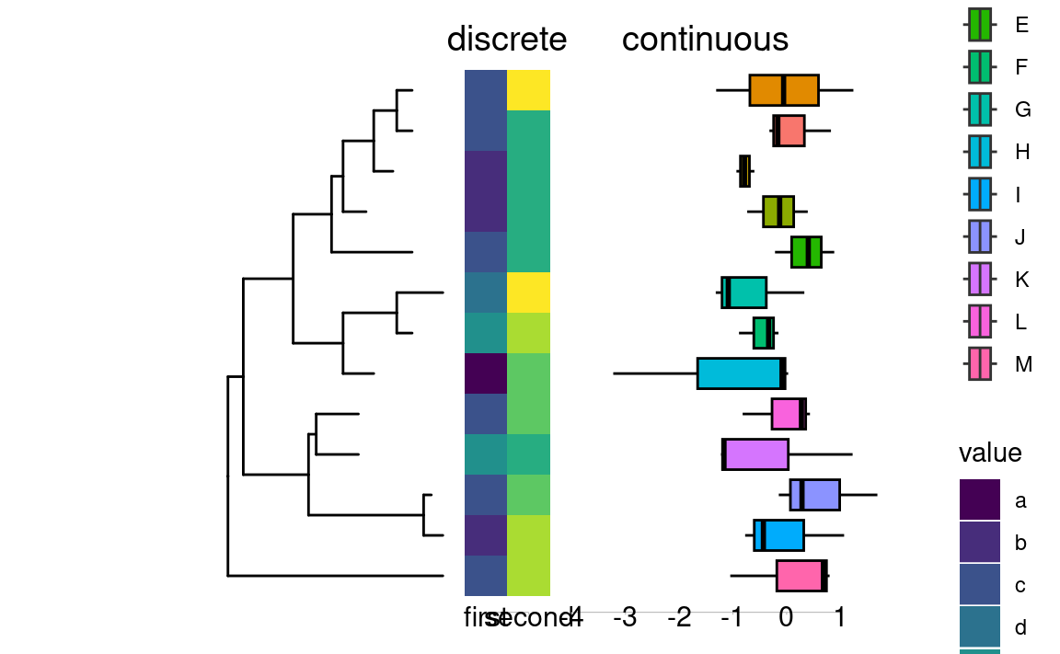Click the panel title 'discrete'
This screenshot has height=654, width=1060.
[x=506, y=40]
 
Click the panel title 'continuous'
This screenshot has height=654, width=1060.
[x=705, y=40]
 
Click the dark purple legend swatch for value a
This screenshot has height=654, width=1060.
[x=980, y=500]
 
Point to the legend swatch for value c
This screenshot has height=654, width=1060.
[x=980, y=585]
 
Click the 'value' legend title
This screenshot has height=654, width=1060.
[x=989, y=453]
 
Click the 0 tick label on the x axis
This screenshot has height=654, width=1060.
[x=786, y=617]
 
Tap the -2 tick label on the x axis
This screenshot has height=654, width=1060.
[x=679, y=617]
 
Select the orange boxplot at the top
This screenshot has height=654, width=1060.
[x=784, y=90]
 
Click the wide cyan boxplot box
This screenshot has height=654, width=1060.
[x=742, y=373]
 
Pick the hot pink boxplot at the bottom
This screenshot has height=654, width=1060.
[x=801, y=576]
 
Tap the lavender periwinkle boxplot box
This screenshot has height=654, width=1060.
[x=814, y=495]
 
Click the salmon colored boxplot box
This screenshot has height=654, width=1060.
[x=789, y=131]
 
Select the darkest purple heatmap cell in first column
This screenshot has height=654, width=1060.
[x=485, y=373]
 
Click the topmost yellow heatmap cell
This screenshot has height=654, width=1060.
[x=528, y=90]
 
